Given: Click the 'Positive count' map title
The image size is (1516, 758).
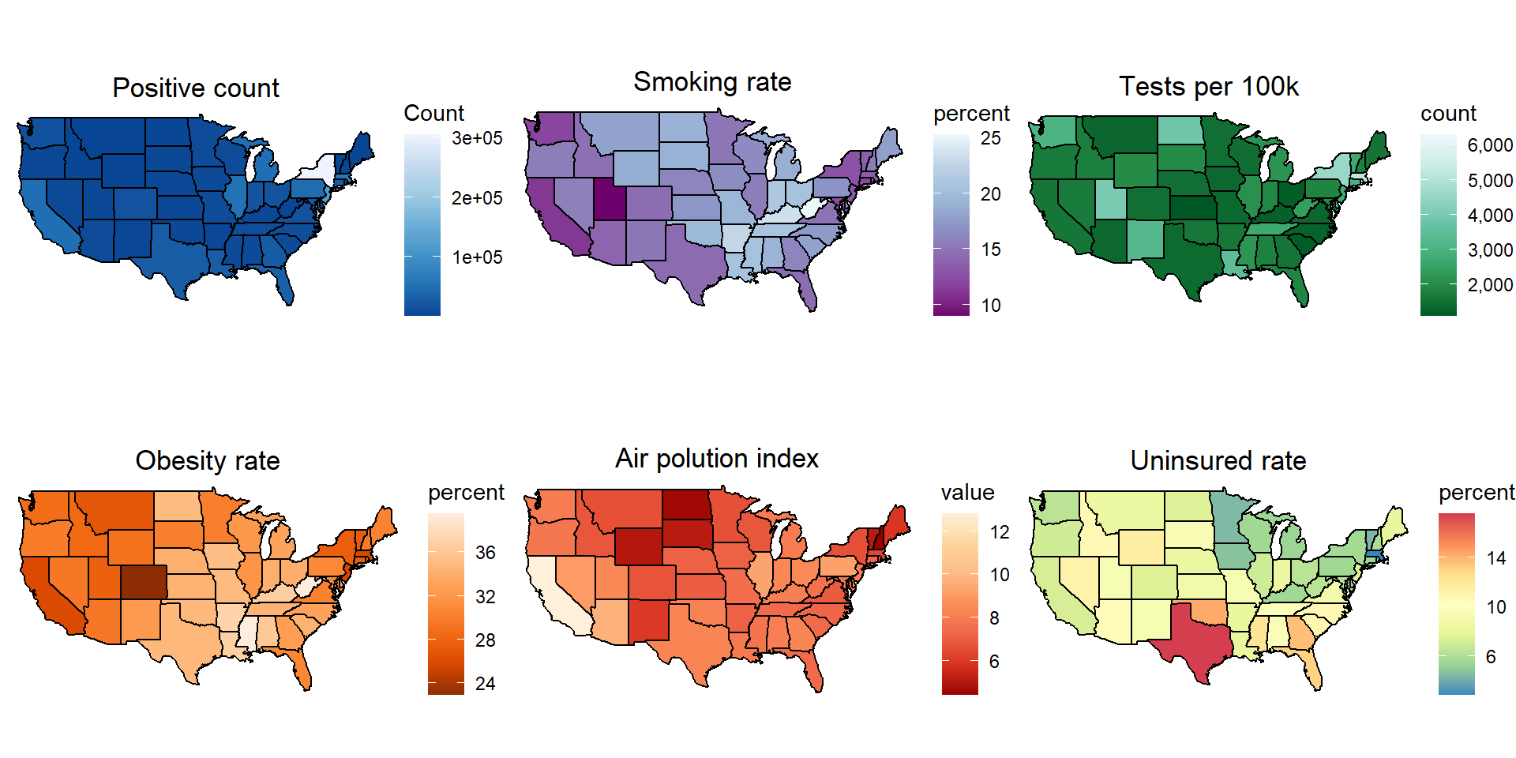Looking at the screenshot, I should point(196,88).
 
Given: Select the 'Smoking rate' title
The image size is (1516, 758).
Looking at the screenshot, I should point(712,81).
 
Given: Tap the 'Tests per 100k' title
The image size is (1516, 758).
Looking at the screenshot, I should point(1208,86).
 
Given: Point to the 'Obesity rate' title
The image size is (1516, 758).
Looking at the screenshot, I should point(208,460).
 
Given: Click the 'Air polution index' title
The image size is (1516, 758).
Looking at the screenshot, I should point(717,458).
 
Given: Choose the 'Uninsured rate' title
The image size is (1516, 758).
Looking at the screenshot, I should point(1218,460).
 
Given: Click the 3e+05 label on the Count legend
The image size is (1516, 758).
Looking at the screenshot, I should point(477,138).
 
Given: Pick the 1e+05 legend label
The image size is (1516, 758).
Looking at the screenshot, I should point(477,257).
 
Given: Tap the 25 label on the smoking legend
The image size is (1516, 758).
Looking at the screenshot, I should point(990,138).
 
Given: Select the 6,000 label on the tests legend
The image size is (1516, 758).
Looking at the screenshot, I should point(1490,145).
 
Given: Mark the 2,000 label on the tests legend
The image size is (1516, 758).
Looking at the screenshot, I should point(1490,285).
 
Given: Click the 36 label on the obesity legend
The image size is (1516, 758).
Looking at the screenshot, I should point(485,553).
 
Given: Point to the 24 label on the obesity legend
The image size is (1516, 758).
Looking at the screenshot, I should point(485,684).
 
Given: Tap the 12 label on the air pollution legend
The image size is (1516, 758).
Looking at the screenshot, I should point(1000,532).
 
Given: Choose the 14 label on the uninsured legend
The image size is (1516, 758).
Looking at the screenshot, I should point(1495,558).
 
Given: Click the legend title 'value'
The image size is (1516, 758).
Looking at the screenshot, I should point(967,493).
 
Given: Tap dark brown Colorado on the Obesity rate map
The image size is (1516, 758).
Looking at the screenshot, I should point(143,583).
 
